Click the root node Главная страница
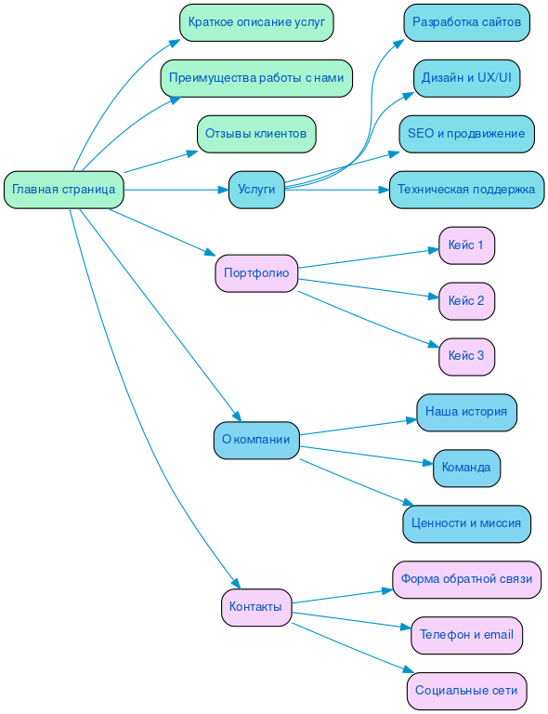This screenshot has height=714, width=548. [64, 190]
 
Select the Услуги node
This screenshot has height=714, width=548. [256, 190]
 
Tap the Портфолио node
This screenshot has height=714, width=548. [256, 273]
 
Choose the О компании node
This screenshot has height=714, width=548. [256, 440]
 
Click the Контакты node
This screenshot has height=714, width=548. [256, 607]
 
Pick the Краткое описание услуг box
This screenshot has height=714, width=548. [256, 22]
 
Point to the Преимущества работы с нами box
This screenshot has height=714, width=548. [256, 78]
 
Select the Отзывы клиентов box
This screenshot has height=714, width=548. [256, 134]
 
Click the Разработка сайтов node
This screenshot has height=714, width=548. [466, 22]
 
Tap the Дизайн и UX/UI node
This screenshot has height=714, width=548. [466, 78]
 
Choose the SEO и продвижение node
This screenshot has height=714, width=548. [466, 134]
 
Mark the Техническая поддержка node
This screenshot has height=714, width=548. [466, 190]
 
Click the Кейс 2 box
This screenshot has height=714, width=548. [466, 301]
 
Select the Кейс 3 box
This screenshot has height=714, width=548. [466, 356]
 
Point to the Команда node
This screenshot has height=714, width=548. [466, 468]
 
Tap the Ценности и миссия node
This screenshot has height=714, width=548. [466, 523]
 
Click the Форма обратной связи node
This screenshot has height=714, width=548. [466, 579]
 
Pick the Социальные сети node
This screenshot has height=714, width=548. [466, 691]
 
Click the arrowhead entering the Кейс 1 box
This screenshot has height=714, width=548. [434, 248]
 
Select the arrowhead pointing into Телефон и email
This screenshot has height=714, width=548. [406, 630]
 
